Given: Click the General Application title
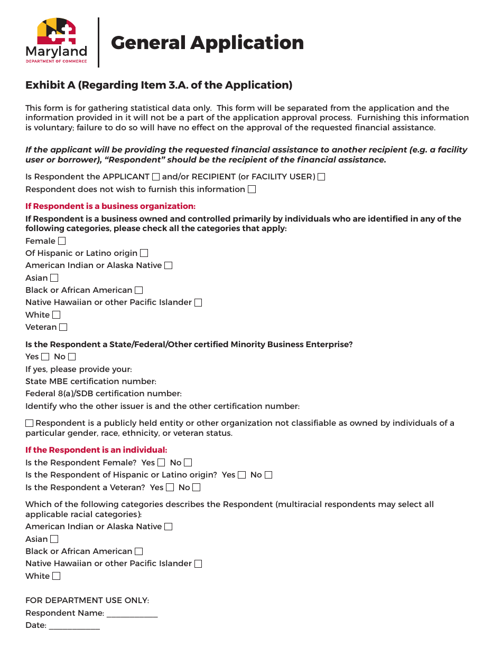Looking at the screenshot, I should pos(207,43).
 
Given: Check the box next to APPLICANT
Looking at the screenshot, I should pos(156,177).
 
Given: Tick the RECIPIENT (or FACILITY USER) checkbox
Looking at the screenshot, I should pos(321,177).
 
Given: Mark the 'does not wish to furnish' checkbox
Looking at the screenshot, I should pos(252,189).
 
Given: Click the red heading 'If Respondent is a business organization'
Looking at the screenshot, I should pos(110,206).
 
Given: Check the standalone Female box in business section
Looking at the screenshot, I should pos(62,241).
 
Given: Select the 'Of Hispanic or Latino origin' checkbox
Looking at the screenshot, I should pos(144,253).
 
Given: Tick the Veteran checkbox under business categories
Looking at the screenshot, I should pos(63,327).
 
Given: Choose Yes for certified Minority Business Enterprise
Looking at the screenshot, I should pos(45,357).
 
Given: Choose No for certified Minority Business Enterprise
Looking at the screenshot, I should pos(72,357).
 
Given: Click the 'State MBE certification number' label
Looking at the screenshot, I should pos(91,381).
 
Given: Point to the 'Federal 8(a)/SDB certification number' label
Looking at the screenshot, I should pos(104,394).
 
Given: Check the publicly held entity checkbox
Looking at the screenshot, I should pos(30,423).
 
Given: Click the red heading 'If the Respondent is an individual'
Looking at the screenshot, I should pos(96,450).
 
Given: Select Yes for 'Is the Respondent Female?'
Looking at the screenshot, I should pos(161,463).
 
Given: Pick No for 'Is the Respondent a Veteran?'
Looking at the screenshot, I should pos(197,488).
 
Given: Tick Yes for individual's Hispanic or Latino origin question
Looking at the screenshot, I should pos(242,475).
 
